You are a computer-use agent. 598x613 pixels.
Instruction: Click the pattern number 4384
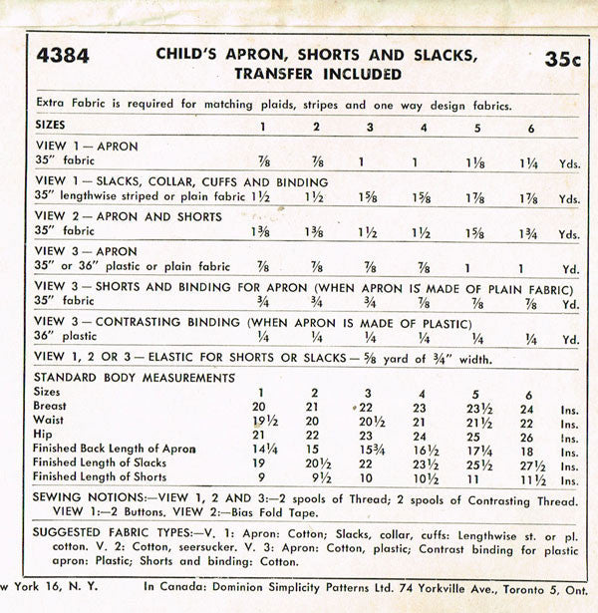point(61,56)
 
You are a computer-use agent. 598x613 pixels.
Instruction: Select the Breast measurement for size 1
point(262,407)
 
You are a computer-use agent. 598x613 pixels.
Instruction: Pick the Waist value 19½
point(262,422)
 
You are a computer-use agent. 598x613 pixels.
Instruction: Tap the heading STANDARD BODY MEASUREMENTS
point(135,378)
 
